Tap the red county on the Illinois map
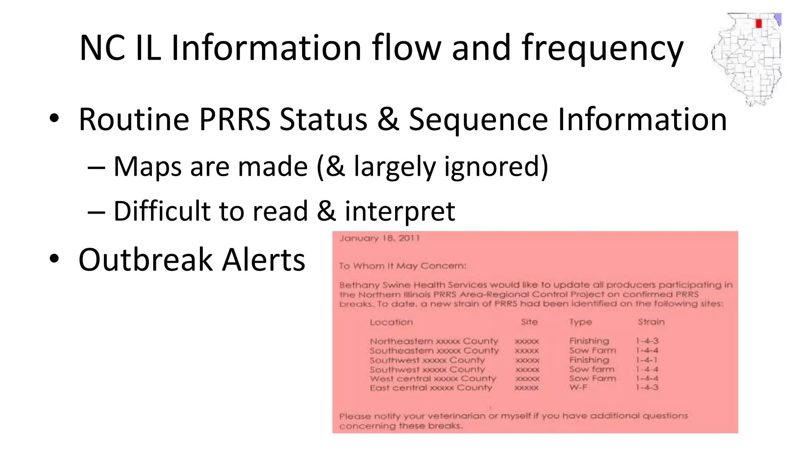758,23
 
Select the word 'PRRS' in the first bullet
235,119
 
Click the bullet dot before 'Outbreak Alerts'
54,259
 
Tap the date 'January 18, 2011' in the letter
380,238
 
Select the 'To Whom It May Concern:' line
402,266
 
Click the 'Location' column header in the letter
391,322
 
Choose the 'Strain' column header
651,322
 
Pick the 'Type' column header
580,322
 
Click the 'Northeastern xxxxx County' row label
434,341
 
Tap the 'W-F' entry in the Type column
578,387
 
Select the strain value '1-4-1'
646,360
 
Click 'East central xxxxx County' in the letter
431,388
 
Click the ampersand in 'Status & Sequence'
388,119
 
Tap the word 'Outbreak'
145,260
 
